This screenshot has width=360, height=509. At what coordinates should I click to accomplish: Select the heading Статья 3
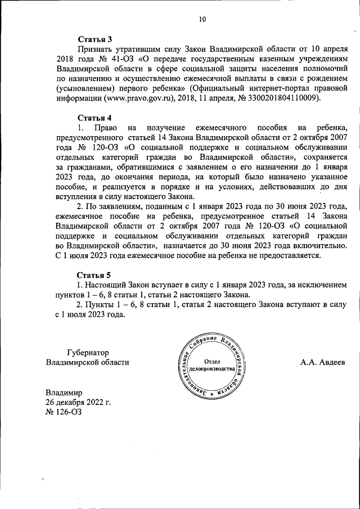point(94,39)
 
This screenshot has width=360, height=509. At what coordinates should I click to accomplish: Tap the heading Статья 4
point(94,118)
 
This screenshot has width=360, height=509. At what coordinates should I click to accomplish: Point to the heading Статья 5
point(94,275)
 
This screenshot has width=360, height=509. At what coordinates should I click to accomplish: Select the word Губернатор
point(87,352)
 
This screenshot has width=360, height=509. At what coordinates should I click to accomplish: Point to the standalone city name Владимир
point(64,392)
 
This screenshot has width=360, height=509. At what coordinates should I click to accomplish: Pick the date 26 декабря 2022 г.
point(79,402)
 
